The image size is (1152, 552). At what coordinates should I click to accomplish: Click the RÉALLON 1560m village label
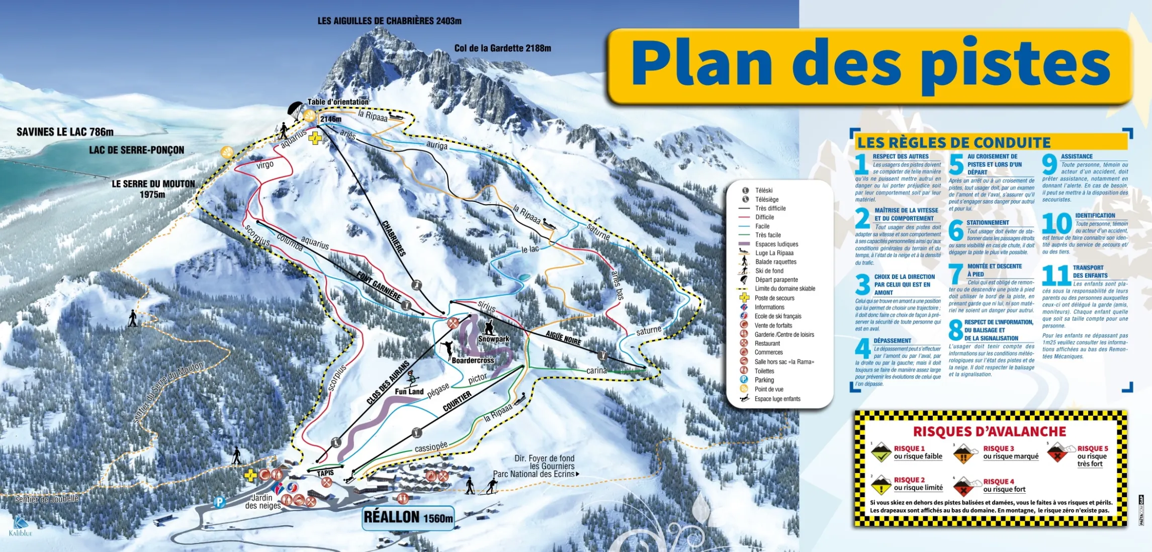pos(408,517)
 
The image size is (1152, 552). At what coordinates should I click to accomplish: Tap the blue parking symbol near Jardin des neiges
pos(219,502)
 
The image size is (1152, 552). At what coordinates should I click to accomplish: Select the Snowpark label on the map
pos(493,339)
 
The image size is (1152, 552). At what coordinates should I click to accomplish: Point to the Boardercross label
pos(473,360)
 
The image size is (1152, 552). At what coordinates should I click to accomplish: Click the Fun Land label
pos(409,391)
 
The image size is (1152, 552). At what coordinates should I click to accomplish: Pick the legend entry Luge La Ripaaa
pos(774,253)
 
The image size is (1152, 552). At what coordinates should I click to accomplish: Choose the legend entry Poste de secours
pos(774,298)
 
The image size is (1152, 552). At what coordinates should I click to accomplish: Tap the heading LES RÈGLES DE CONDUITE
pos(953,143)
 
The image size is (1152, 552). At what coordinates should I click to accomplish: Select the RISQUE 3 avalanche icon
pos(963,453)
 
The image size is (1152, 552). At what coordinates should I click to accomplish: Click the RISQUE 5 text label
pos(1092,448)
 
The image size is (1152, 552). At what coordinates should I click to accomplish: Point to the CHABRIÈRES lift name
pos(394,238)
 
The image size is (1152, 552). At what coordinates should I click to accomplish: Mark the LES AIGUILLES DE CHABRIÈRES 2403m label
pos(389,21)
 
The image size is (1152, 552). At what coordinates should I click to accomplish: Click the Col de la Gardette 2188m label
pos(502,48)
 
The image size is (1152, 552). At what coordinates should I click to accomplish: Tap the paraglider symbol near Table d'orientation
pos(295,109)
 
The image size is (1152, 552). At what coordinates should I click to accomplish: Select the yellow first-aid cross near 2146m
pos(315,138)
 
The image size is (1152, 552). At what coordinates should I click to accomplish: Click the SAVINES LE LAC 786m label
pos(65,132)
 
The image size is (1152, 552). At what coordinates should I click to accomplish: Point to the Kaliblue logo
pos(20,526)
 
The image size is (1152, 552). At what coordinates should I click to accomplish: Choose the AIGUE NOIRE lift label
pos(563,338)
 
